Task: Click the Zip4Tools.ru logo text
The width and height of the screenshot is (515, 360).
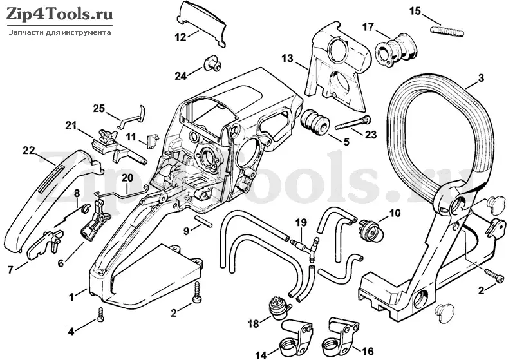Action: [x=60, y=14]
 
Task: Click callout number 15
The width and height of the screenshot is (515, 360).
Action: [x=415, y=11]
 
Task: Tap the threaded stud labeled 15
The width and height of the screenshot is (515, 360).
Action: [x=447, y=31]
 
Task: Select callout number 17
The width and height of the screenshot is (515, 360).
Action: [x=368, y=27]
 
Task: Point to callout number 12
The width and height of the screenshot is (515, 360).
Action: [x=181, y=37]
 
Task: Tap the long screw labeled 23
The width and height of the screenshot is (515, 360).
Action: [x=353, y=123]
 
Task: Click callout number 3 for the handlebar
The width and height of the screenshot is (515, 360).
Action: [x=481, y=78]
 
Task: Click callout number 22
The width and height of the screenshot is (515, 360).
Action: [x=29, y=151]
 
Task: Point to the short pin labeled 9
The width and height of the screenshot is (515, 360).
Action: [x=203, y=220]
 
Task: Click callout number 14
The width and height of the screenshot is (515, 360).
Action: [x=262, y=355]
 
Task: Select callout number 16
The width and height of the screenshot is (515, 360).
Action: [x=368, y=352]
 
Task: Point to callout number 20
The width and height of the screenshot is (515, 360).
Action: [x=127, y=178]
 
